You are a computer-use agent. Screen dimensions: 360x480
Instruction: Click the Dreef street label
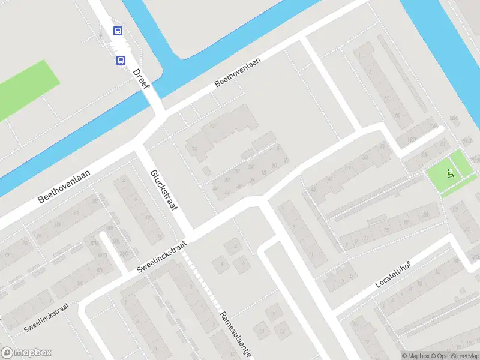click(x=142, y=79)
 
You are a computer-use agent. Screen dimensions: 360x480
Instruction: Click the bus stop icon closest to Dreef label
click(x=121, y=60)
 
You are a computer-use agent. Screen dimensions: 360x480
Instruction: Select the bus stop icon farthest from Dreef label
click(x=118, y=31)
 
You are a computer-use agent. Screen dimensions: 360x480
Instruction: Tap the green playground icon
click(x=450, y=174)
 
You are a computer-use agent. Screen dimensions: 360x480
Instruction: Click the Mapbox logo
click(x=26, y=352)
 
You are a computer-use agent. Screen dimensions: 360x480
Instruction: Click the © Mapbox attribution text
click(x=413, y=356)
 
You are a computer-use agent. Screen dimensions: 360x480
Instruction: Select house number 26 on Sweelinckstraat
click(x=253, y=180)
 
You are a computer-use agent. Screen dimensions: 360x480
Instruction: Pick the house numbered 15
click(x=396, y=116)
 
